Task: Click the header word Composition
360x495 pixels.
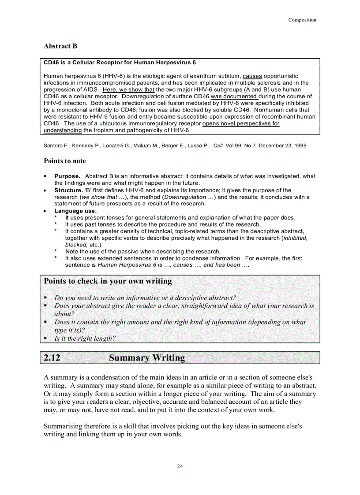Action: (302, 20)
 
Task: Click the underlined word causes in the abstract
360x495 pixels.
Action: (252, 76)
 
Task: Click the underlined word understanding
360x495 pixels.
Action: (63, 130)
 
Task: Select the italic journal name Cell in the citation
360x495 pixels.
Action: (218, 145)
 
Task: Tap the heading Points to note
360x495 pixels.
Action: (65, 161)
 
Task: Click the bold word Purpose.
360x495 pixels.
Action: (67, 176)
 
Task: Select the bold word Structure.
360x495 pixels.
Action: (68, 190)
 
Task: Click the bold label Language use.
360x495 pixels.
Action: (75, 211)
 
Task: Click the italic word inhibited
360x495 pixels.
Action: (295, 238)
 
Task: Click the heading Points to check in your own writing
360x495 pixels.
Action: (108, 281)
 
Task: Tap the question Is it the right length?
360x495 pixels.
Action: (85, 339)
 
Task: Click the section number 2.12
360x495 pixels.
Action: (52, 357)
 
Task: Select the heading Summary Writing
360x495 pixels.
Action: (147, 357)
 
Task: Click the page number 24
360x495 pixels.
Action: (180, 466)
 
